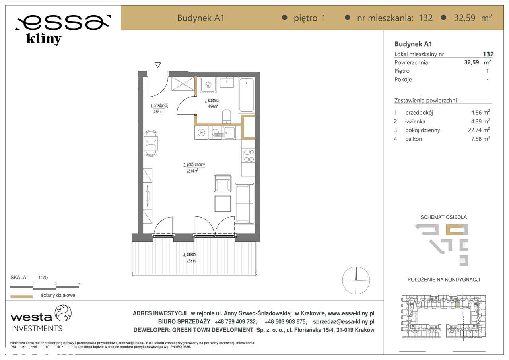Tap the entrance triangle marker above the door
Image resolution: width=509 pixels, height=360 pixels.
click(x=158, y=65)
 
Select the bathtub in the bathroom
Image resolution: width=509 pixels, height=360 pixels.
click(x=246, y=95)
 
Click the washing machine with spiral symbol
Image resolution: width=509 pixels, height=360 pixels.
click(x=208, y=84)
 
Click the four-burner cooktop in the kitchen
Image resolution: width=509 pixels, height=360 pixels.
click(x=248, y=155)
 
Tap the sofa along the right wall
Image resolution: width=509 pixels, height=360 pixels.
click(x=244, y=203)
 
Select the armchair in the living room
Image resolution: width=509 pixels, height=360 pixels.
click(x=222, y=183)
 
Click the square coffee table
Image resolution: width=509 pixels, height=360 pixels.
click(x=222, y=204)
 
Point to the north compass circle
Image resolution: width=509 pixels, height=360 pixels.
click(x=356, y=280)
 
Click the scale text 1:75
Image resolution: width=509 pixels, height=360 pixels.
click(x=43, y=278)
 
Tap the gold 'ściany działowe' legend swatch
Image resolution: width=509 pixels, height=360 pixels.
click(x=21, y=296)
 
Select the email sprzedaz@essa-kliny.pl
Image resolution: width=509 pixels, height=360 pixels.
click(x=344, y=322)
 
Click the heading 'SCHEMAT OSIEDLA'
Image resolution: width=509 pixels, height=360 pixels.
click(x=443, y=217)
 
